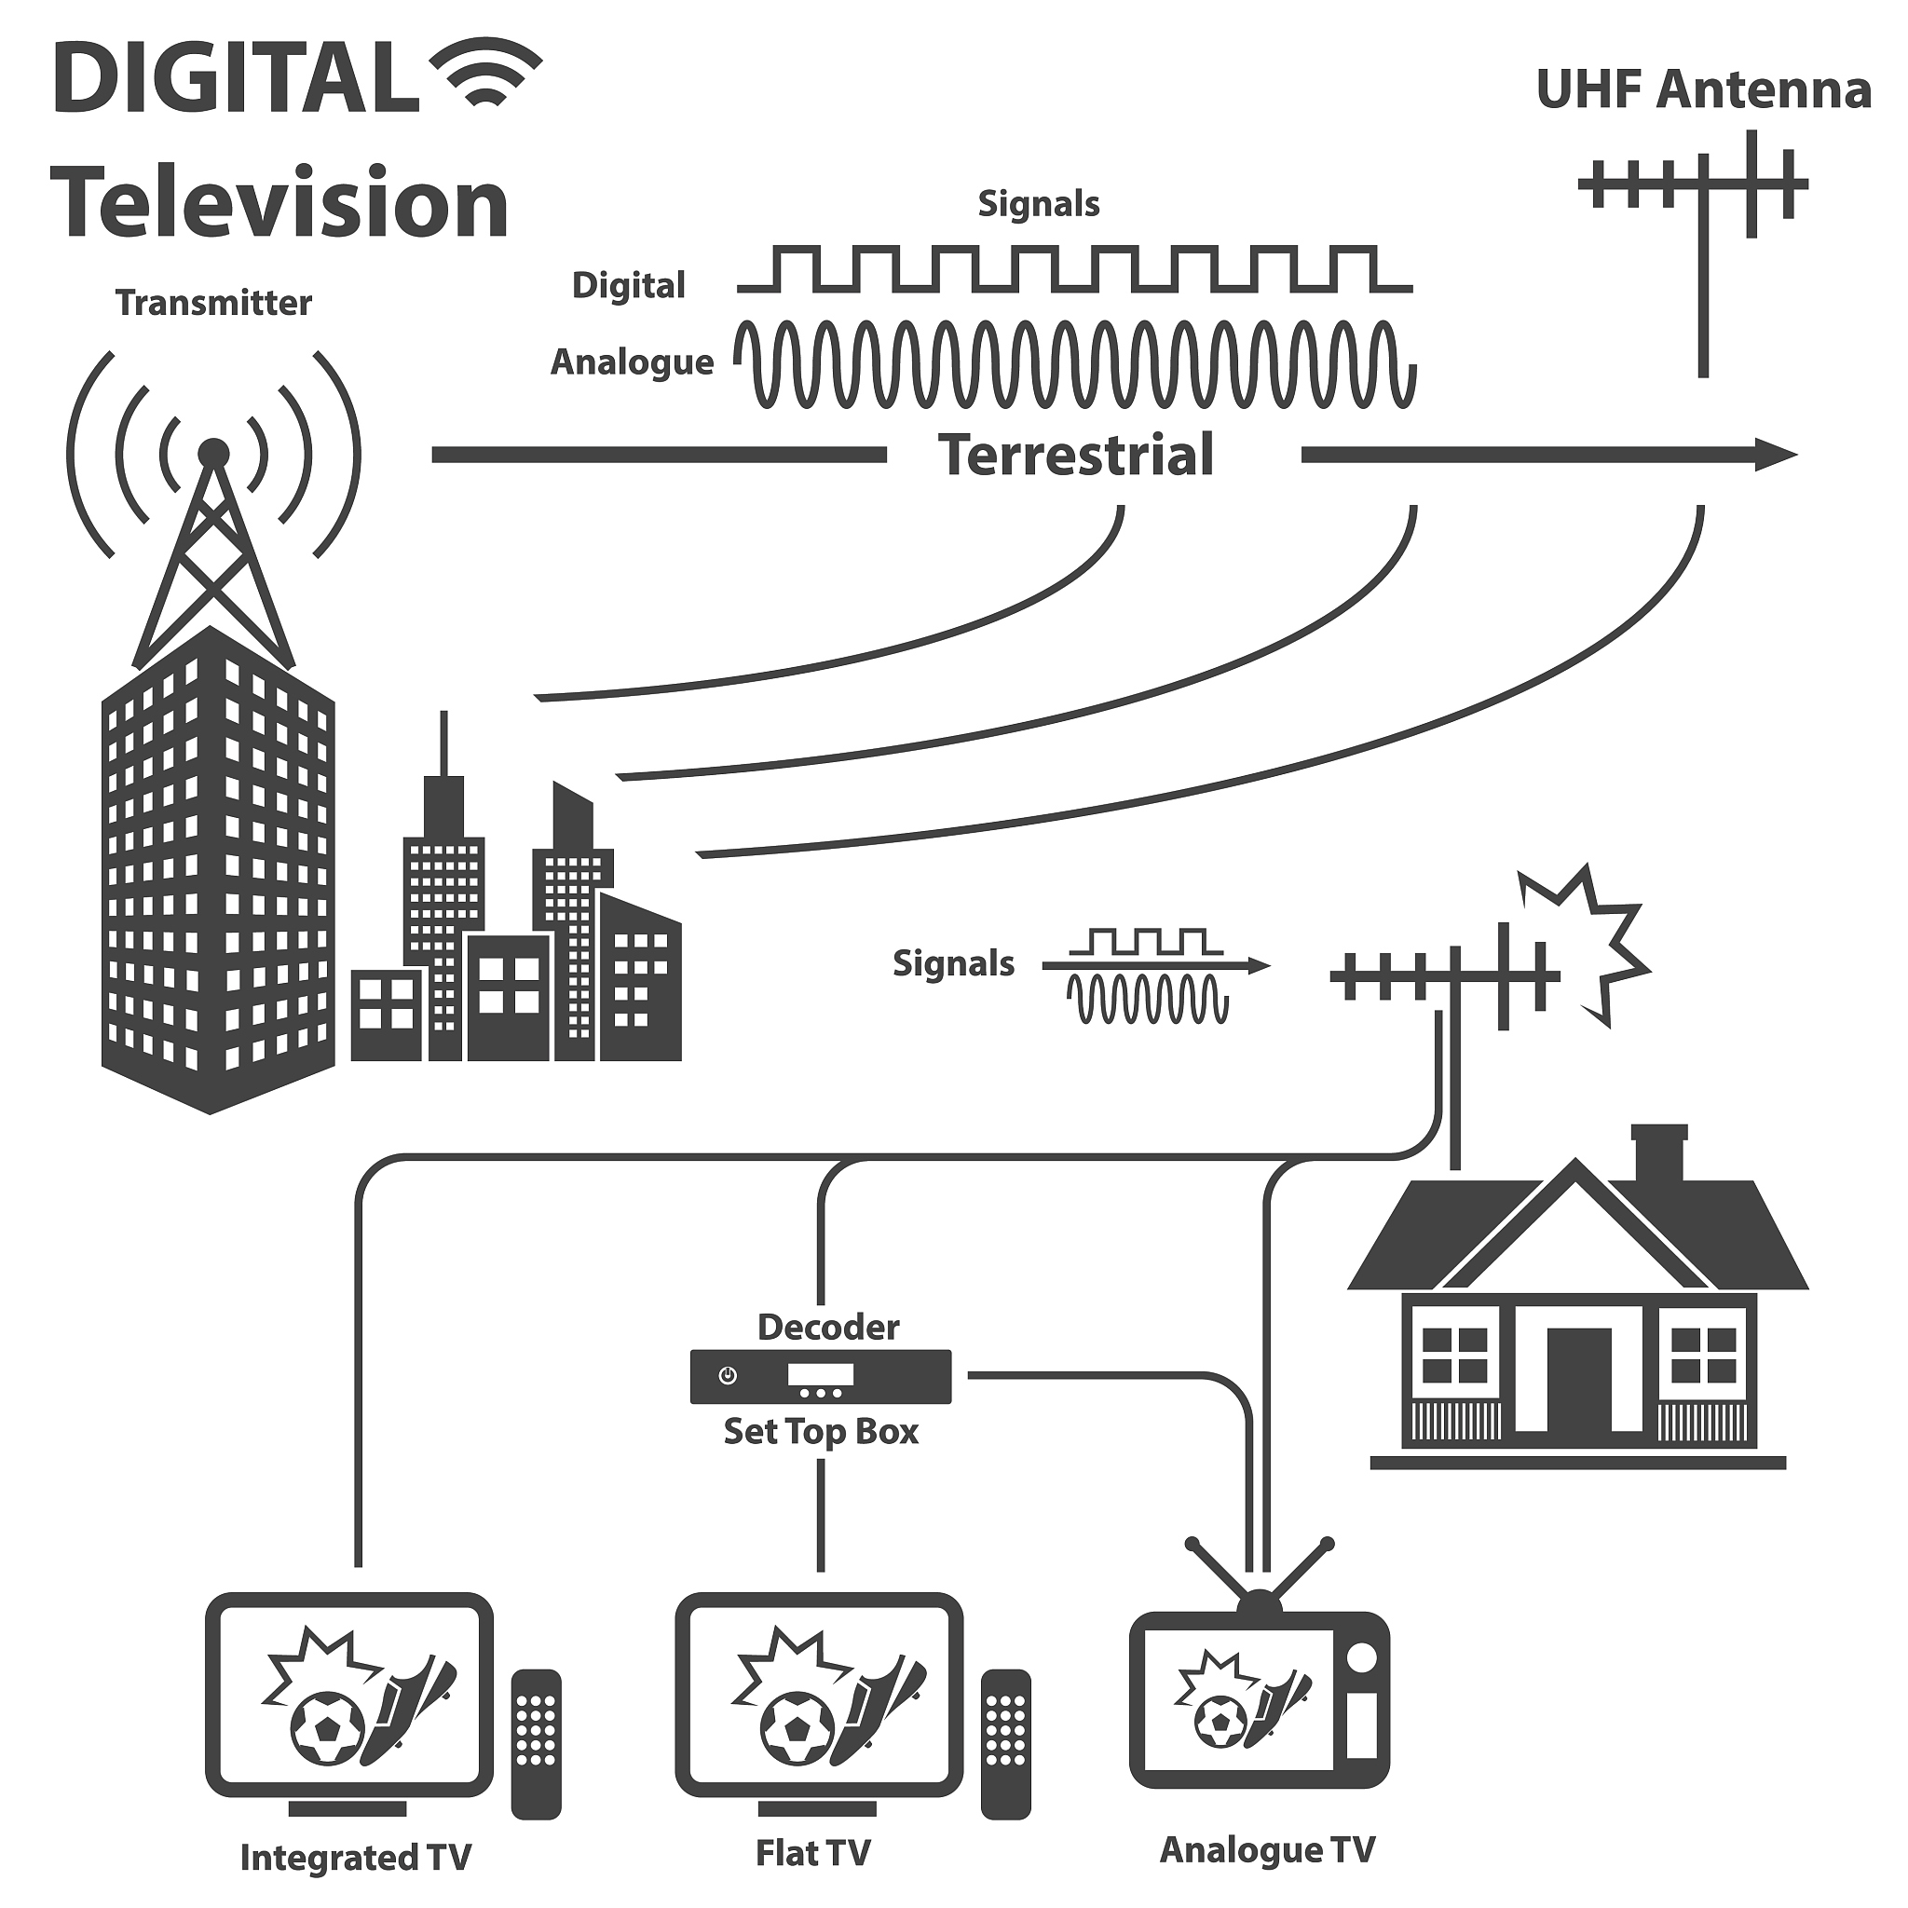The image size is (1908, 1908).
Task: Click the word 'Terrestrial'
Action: pyautogui.click(x=1076, y=456)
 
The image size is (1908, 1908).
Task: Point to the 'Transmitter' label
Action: pyautogui.click(x=213, y=302)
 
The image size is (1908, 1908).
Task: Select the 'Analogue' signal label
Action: pyautogui.click(x=632, y=362)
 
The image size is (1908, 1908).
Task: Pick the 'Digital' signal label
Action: pyautogui.click(x=628, y=285)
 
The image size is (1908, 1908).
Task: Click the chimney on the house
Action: pyautogui.click(x=1659, y=1152)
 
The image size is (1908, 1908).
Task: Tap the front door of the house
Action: pyautogui.click(x=1578, y=1381)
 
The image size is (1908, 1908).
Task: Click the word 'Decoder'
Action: pyautogui.click(x=827, y=1328)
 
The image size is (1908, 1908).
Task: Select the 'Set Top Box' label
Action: pyautogui.click(x=821, y=1431)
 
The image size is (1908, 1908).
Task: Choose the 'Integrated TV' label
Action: pyautogui.click(x=356, y=1858)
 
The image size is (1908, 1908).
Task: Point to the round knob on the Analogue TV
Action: pyautogui.click(x=1362, y=1658)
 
